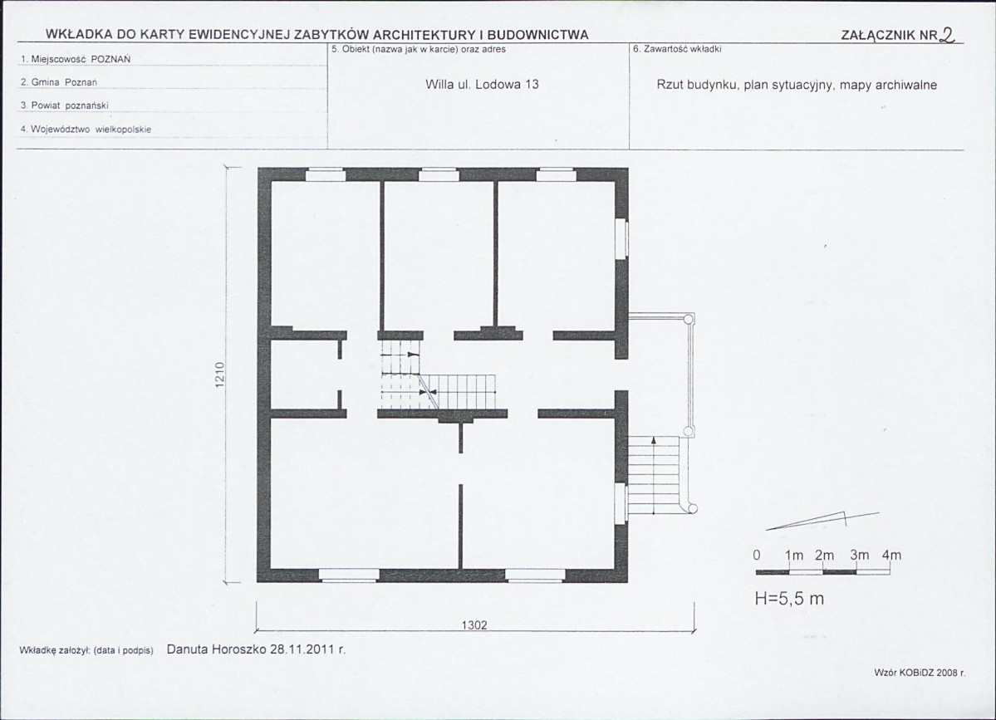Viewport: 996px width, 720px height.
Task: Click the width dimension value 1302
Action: click(x=474, y=625)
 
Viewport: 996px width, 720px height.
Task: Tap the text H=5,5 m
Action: click(x=789, y=599)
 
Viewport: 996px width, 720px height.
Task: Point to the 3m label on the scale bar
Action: click(x=860, y=555)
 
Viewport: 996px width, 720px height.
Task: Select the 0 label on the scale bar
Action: click(x=757, y=555)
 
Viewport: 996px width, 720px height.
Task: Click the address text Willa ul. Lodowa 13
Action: click(x=482, y=85)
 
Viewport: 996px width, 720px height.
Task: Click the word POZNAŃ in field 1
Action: click(x=110, y=59)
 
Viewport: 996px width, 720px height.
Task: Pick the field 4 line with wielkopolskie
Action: click(x=86, y=130)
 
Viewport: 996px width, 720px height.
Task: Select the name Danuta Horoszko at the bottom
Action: click(x=217, y=649)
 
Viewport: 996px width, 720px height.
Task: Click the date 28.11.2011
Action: click(x=303, y=649)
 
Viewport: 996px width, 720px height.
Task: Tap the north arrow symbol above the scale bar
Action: click(x=823, y=520)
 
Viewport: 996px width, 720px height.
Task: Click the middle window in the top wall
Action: click(x=439, y=174)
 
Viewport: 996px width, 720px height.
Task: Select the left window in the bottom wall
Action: click(x=349, y=576)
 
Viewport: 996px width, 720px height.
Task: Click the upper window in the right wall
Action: click(x=621, y=238)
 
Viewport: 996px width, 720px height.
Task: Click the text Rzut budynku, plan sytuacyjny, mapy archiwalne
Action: click(x=797, y=85)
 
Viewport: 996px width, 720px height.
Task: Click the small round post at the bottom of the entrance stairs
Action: click(x=692, y=508)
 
